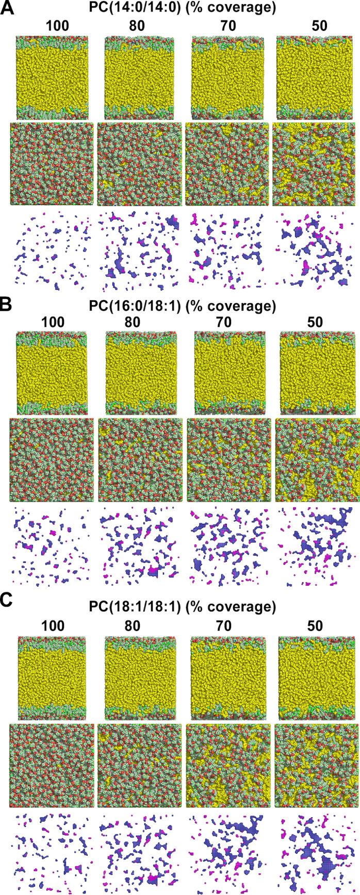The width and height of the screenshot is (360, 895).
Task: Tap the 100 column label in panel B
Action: click(x=53, y=323)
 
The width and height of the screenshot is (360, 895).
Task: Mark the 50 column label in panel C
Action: click(x=315, y=626)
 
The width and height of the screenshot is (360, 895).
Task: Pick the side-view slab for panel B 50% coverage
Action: click(x=315, y=372)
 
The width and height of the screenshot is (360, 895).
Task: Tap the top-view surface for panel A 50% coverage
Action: click(x=315, y=163)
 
